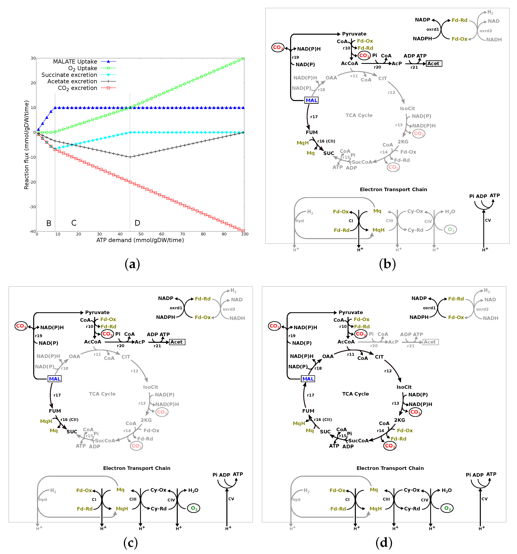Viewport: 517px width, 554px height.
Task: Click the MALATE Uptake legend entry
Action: (x=75, y=62)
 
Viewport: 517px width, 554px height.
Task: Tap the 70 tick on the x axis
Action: (x=182, y=234)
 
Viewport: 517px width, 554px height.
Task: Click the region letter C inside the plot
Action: (x=74, y=223)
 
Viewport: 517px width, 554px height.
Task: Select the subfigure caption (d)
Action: (x=384, y=542)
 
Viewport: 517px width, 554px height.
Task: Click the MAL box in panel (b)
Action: (x=311, y=100)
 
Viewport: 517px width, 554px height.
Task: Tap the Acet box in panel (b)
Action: (x=433, y=64)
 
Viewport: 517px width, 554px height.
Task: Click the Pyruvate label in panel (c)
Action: (x=97, y=312)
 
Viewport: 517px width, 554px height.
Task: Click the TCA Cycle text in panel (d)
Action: (x=355, y=394)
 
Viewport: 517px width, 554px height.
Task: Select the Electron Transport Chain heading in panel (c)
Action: (x=137, y=468)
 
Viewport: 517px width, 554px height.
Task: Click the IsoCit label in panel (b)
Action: (x=407, y=108)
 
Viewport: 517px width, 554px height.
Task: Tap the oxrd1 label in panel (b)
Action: (x=433, y=29)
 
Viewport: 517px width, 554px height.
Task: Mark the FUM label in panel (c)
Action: (x=55, y=411)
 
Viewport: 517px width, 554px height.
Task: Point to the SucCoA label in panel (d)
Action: (x=358, y=441)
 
